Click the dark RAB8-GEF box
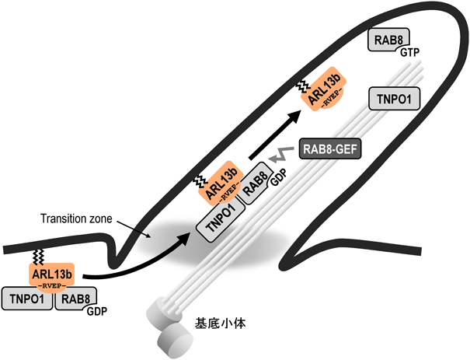click(x=330, y=147)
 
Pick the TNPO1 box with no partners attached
click(x=394, y=98)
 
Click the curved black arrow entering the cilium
click(x=132, y=264)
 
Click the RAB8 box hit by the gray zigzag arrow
click(x=257, y=187)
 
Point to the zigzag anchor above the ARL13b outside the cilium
click(x=37, y=254)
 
